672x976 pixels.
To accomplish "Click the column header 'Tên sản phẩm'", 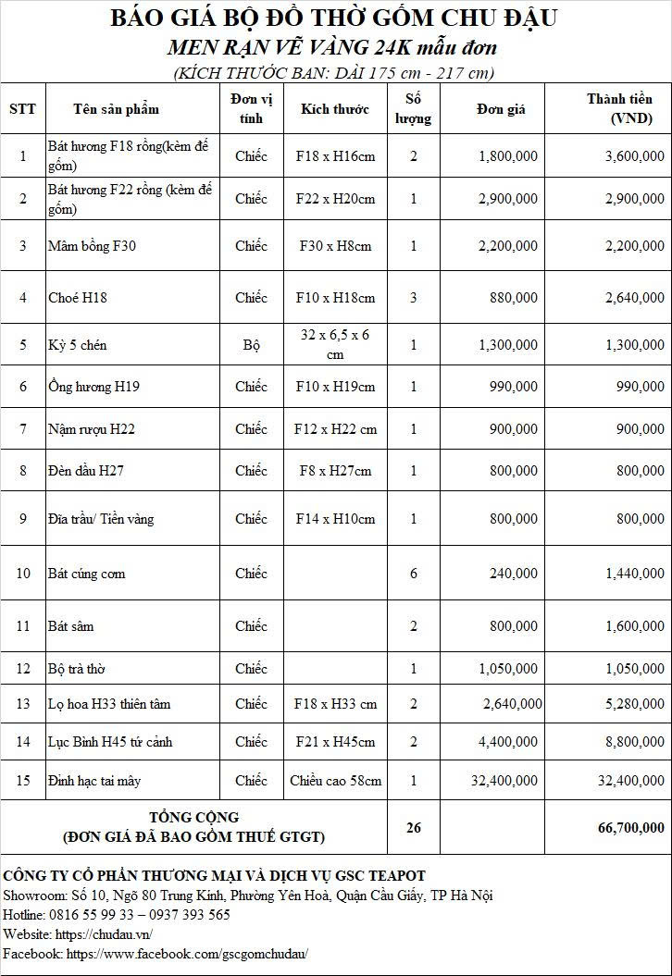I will tap(116, 109).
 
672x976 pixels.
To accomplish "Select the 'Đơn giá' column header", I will tap(501, 109).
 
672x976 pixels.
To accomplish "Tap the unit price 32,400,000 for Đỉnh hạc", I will tap(504, 781).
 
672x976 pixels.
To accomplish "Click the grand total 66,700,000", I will tap(631, 828).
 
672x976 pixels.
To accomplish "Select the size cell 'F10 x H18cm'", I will tap(335, 298).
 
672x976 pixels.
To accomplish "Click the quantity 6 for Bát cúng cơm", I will tap(414, 574).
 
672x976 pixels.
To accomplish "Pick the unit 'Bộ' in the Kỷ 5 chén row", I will tap(251, 345).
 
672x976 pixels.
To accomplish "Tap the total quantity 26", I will tap(414, 828).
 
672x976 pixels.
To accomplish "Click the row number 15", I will tap(23, 781).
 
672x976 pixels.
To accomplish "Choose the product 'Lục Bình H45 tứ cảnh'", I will tap(110, 742).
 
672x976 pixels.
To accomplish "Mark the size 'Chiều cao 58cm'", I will tap(335, 781).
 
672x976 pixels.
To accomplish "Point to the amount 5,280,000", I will tap(634, 704).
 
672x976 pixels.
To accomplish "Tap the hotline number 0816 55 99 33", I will tap(93, 914).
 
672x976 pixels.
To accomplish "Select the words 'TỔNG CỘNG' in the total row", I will tap(194, 818).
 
